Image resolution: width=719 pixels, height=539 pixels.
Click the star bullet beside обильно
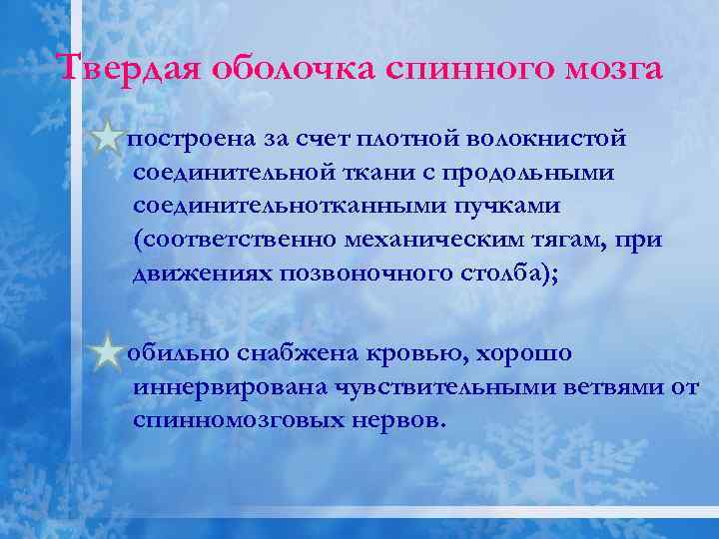105,354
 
